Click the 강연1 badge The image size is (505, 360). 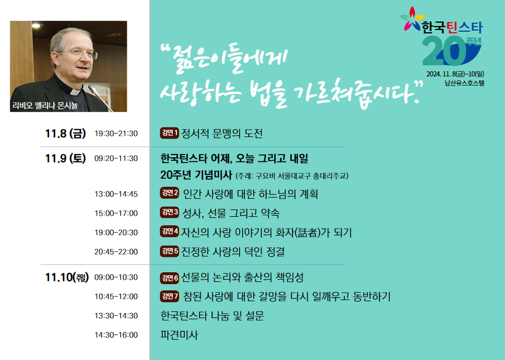point(170,133)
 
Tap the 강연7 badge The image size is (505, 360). point(170,296)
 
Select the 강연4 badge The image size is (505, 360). point(170,232)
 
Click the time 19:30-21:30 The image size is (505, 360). point(116,134)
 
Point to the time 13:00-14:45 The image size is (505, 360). point(116,194)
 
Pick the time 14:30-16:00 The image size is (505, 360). point(116,335)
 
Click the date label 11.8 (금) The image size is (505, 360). point(66,133)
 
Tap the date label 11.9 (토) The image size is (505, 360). point(66,158)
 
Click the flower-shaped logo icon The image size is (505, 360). point(412,19)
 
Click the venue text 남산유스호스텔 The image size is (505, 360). point(464,83)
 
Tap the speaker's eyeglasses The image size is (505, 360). point(80,53)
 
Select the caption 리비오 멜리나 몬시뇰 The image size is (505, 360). point(45,105)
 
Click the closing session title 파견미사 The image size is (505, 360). point(179,335)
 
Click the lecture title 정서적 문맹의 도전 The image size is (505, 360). point(222,133)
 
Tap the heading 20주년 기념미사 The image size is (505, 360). point(196,175)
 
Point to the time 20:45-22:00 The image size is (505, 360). point(116,252)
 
